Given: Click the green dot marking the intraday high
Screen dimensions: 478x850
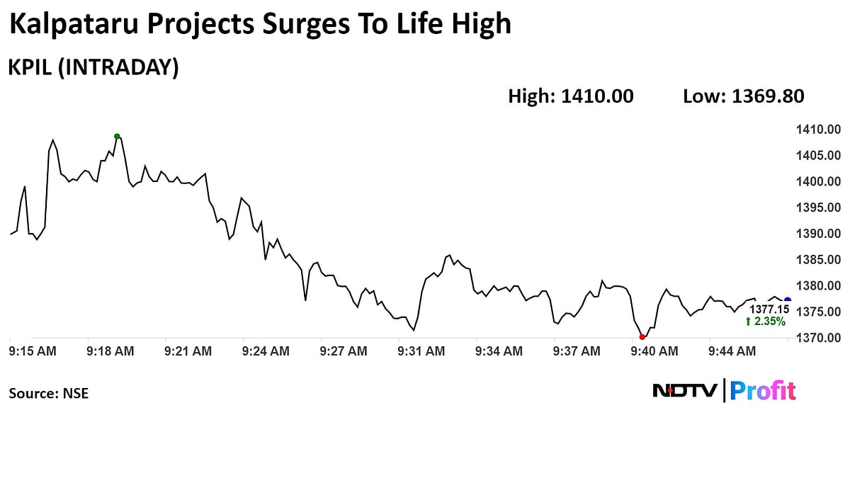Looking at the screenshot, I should click(117, 137).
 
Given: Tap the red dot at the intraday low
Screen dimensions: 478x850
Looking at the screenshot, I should click(642, 337).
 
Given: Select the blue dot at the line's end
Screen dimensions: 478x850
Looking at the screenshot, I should click(788, 300).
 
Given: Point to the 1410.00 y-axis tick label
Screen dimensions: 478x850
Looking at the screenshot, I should click(818, 130).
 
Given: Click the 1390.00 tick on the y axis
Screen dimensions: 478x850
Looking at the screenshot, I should click(818, 234).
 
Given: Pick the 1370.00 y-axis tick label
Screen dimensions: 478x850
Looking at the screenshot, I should click(818, 338).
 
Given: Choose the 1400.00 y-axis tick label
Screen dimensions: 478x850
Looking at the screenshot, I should click(818, 181).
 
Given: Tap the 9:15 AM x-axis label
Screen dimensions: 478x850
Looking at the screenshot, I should click(33, 351).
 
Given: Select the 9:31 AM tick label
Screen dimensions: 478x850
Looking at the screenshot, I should click(421, 351).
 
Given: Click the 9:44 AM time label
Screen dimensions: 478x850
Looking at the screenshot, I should click(732, 351).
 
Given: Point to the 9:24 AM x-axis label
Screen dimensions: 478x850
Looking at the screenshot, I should click(266, 351).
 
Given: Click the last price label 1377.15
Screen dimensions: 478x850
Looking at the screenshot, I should click(769, 309).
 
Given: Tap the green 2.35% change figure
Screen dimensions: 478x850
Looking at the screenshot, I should click(766, 321).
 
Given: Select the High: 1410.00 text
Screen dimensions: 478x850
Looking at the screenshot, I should click(571, 96).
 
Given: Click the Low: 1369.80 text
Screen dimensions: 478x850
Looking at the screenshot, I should click(744, 96).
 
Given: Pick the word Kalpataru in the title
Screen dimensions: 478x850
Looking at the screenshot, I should click(73, 25).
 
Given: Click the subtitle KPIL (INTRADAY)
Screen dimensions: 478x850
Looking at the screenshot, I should click(93, 67).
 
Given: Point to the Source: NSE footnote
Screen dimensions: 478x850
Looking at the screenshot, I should click(49, 393).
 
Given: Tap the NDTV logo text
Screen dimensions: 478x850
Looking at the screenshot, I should click(685, 390).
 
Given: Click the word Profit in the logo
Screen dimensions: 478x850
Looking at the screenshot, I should click(763, 390).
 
